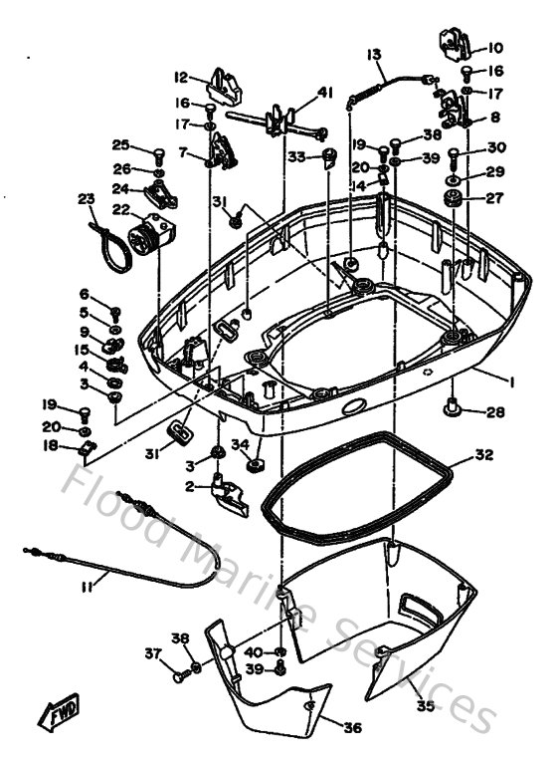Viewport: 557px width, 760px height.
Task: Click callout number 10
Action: pos(494,47)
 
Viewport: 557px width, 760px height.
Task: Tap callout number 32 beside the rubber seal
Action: pos(483,454)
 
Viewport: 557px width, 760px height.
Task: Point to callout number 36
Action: pos(352,728)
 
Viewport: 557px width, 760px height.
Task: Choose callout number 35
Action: pos(425,706)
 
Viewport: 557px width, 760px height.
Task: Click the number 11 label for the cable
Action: pos(87,588)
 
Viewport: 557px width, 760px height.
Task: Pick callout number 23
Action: pos(85,198)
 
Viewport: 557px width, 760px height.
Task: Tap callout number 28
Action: pos(494,411)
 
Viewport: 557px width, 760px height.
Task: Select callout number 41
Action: pos(324,93)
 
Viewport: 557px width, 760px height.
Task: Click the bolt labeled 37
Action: pos(179,675)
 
